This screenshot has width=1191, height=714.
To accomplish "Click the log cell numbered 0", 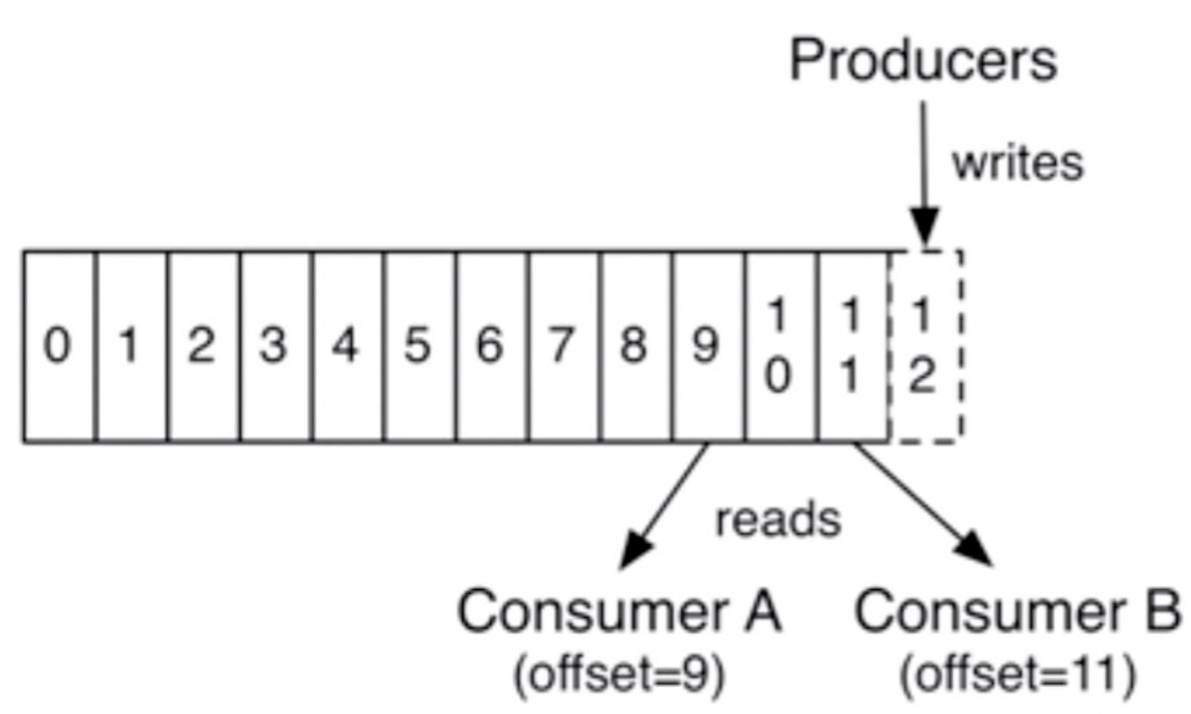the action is pyautogui.click(x=59, y=346).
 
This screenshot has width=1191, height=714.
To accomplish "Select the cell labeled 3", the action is pyautogui.click(x=276, y=346).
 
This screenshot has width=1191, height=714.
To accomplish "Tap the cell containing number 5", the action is pyautogui.click(x=420, y=346).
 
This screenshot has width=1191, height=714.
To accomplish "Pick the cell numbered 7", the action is pyautogui.click(x=564, y=346).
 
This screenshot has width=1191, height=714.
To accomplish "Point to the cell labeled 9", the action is pyautogui.click(x=709, y=346).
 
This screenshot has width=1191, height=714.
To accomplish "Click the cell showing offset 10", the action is pyautogui.click(x=782, y=346).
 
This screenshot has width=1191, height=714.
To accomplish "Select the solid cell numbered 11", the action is pyautogui.click(x=854, y=346).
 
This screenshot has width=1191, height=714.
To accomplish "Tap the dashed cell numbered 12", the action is pyautogui.click(x=925, y=346).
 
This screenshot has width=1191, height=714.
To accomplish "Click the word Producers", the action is pyautogui.click(x=924, y=61).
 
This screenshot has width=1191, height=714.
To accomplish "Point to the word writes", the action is pyautogui.click(x=1018, y=164).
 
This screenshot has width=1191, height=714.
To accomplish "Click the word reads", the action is pyautogui.click(x=778, y=519).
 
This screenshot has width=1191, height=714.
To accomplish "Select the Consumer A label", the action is pyautogui.click(x=620, y=612).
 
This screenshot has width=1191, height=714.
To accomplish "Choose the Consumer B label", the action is pyautogui.click(x=1017, y=612).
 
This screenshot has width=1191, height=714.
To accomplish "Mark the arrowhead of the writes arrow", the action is pyautogui.click(x=925, y=227).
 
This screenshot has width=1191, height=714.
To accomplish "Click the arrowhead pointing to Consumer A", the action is pyautogui.click(x=635, y=550).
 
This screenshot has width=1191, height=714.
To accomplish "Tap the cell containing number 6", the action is pyautogui.click(x=492, y=346).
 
